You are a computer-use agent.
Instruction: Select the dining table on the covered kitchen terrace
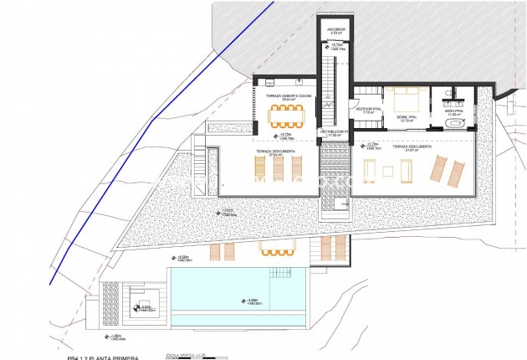coord(284,116)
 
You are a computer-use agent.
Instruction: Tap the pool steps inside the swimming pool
coord(282,275)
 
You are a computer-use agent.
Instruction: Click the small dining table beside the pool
coord(274,249)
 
